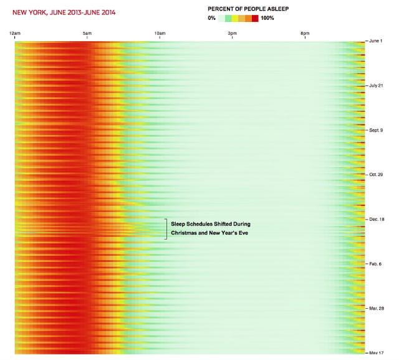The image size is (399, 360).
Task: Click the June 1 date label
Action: (376, 41)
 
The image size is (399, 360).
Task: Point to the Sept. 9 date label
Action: (377, 130)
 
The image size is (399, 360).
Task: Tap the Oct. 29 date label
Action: (377, 175)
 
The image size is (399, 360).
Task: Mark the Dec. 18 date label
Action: (377, 220)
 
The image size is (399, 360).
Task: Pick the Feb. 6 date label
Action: (377, 264)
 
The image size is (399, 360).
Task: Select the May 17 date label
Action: (377, 353)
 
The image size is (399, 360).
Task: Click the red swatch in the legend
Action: (255, 18)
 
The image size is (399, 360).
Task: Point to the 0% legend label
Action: (212, 18)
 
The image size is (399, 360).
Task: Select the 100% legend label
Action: (267, 18)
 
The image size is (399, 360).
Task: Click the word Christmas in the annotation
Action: (186, 233)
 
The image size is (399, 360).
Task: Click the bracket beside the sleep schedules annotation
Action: (166, 228)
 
